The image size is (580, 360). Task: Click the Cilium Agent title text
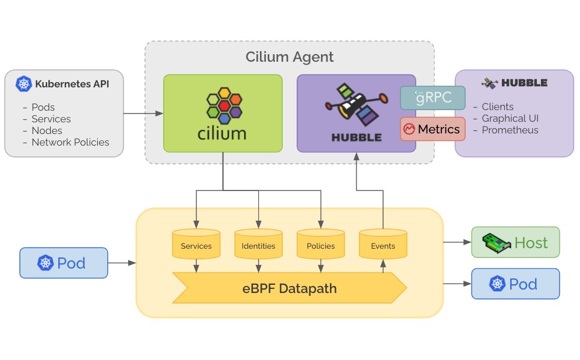pyautogui.click(x=289, y=57)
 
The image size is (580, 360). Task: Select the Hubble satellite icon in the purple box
pyautogui.click(x=356, y=107)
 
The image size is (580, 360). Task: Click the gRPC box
pyautogui.click(x=433, y=98)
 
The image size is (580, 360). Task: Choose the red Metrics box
pyautogui.click(x=433, y=129)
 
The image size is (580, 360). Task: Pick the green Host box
pyautogui.click(x=515, y=242)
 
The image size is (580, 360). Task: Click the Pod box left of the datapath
pyautogui.click(x=64, y=263)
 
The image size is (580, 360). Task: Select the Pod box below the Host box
pyautogui.click(x=515, y=284)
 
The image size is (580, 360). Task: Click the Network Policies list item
pyautogui.click(x=70, y=142)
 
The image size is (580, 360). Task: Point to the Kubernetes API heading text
pyautogui.click(x=72, y=84)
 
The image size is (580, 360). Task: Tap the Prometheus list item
pyautogui.click(x=509, y=130)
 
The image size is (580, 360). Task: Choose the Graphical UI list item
pyautogui.click(x=510, y=118)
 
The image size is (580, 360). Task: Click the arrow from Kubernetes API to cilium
pyautogui.click(x=143, y=113)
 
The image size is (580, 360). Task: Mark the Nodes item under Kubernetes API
pyautogui.click(x=47, y=130)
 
